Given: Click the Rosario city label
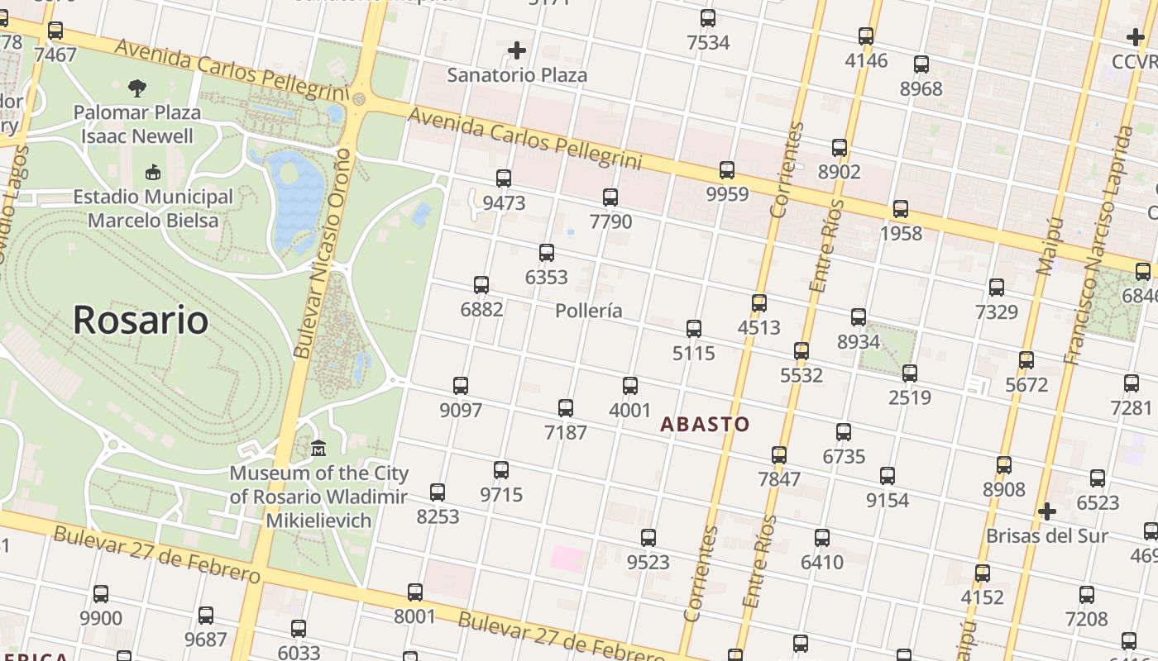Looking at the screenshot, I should (141, 320).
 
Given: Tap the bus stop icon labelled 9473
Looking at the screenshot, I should (503, 178).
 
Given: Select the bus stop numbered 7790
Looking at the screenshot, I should (610, 197).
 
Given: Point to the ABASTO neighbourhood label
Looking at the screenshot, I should (705, 425).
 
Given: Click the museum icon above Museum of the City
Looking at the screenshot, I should (318, 449).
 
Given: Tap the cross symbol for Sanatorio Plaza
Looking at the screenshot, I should (517, 51).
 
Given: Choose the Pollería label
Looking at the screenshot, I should (589, 311).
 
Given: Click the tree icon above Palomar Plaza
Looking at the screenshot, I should (137, 88).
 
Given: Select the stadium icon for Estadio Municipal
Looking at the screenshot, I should (153, 173).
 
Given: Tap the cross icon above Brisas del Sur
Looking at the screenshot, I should (1046, 511).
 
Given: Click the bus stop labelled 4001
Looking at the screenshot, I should (630, 385).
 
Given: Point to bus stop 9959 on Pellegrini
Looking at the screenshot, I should (727, 170).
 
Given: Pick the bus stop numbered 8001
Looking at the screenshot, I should (415, 592).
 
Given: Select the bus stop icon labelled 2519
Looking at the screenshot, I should (910, 373).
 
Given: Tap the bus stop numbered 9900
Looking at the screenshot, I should (101, 594).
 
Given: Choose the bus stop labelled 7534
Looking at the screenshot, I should (708, 18).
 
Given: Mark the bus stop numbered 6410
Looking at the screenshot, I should (822, 538).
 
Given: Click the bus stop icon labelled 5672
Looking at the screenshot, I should (1026, 360).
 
